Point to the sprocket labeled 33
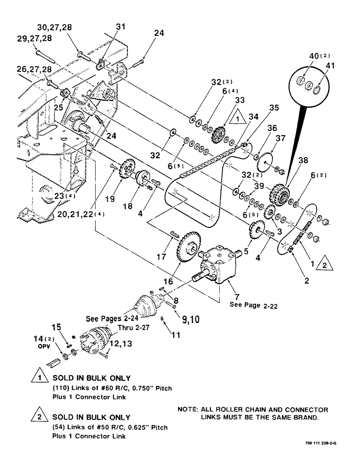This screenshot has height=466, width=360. (217, 136)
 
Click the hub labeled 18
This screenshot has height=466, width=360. (141, 179)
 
